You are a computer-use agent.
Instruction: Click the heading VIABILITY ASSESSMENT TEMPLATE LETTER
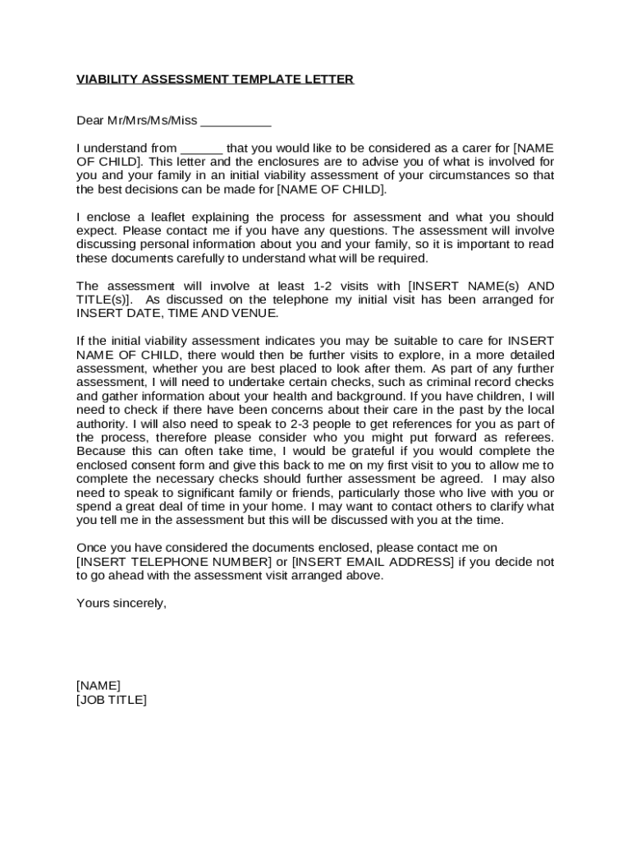(x=215, y=80)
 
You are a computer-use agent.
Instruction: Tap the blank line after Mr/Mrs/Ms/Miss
(x=236, y=122)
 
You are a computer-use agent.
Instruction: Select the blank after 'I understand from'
(x=201, y=149)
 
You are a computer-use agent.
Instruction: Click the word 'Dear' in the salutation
(x=90, y=121)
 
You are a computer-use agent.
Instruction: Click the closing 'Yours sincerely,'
(x=121, y=603)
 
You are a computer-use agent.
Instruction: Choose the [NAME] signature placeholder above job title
(x=98, y=686)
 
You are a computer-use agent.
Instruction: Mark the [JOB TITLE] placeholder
(x=112, y=700)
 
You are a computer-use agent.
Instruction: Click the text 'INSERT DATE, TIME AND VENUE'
(x=177, y=314)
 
